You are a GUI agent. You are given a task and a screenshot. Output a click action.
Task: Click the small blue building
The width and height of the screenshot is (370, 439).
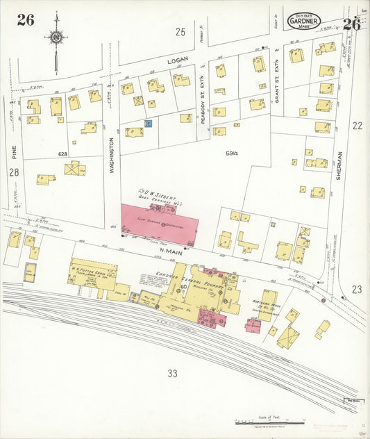[148, 123]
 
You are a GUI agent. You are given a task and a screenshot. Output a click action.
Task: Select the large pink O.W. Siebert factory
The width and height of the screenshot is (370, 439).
[160, 224]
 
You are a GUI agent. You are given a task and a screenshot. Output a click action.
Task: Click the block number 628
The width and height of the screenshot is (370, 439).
[63, 154]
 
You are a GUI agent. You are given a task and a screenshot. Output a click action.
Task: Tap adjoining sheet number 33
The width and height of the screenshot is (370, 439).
[172, 373]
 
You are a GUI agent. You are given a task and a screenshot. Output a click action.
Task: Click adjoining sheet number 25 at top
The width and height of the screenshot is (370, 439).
[180, 31]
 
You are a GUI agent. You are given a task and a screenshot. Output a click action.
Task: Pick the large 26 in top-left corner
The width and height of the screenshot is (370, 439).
[26, 20]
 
